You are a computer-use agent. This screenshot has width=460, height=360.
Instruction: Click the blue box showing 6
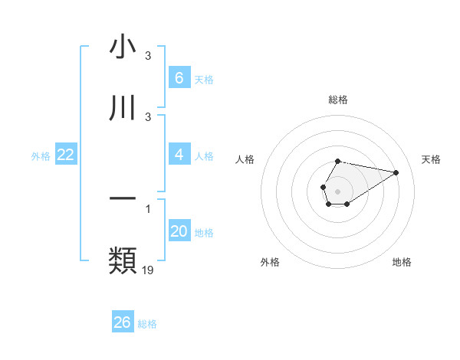tap(179, 77)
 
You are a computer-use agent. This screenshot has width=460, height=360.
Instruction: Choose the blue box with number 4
tap(179, 155)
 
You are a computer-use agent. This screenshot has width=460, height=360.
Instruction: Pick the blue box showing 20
tap(179, 231)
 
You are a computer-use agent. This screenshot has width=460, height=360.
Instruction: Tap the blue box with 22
tap(65, 155)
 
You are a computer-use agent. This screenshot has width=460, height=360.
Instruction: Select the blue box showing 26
tap(123, 322)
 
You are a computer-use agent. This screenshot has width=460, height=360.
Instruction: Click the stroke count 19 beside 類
tap(149, 270)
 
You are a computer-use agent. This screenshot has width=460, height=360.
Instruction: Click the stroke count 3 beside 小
tap(148, 57)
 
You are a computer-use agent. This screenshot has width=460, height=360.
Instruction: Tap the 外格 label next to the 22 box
tap(41, 156)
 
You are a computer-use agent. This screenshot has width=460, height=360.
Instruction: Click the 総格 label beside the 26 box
tap(147, 324)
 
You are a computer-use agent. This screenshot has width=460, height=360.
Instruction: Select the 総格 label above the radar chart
tap(337, 100)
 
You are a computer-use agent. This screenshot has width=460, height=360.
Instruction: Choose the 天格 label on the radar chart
tap(432, 159)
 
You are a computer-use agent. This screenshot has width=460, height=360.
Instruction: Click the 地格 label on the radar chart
tap(402, 262)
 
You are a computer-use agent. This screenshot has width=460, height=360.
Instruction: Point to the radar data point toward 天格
tap(396, 172)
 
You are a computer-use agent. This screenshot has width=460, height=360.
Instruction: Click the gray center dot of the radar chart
tap(337, 190)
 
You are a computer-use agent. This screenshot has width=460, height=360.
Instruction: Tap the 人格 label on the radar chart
tap(245, 159)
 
